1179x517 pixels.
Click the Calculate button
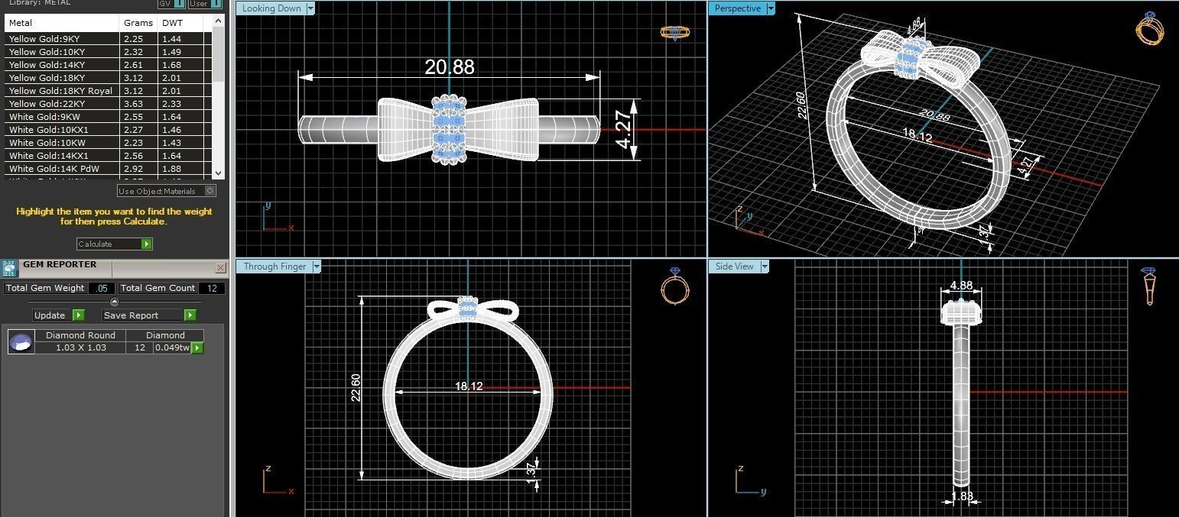(x=114, y=244)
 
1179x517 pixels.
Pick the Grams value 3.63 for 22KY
(x=133, y=104)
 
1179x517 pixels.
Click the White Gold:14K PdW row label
(x=54, y=169)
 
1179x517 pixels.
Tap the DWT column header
(x=172, y=23)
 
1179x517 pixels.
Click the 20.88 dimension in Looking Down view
(x=450, y=67)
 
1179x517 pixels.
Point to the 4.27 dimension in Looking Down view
(x=624, y=131)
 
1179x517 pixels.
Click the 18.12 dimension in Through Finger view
(x=468, y=386)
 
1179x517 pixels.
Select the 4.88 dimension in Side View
(x=960, y=286)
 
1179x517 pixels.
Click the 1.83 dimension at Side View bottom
(x=962, y=497)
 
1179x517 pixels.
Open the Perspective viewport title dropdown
(x=771, y=8)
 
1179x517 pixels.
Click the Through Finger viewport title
(x=274, y=267)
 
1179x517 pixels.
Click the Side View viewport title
(x=734, y=267)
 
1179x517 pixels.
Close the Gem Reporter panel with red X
(x=220, y=267)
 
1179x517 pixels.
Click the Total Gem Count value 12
(x=211, y=288)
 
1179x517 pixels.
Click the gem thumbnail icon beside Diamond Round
(x=21, y=341)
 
